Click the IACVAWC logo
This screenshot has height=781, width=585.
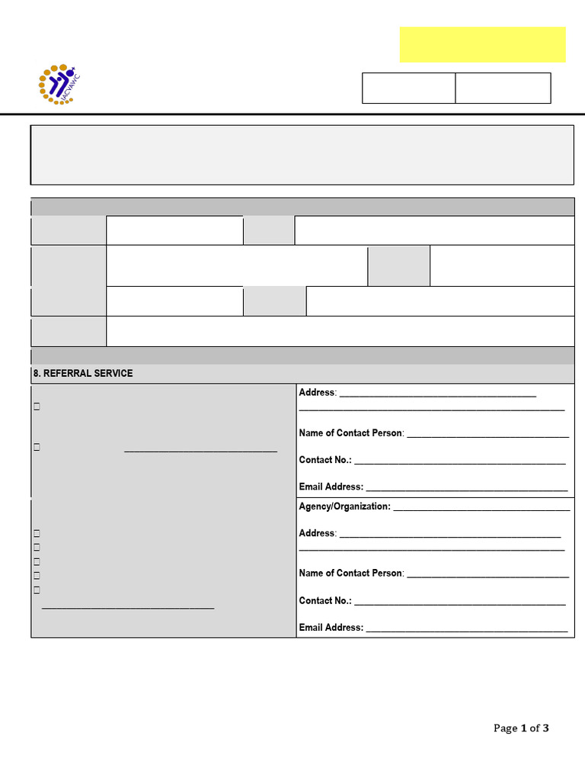pos(59,85)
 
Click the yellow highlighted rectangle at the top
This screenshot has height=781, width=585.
pos(482,44)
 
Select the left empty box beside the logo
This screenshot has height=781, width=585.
pos(408,88)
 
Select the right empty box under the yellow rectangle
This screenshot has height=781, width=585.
pos(503,88)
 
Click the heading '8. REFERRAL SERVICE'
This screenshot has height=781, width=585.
pos(82,373)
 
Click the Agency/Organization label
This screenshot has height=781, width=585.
pos(344,506)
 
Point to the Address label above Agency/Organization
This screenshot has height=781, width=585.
pos(317,393)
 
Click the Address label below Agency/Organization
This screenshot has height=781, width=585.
pos(317,533)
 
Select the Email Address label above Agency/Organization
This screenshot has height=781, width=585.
pos(331,487)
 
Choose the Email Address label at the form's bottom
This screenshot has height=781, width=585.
pos(331,628)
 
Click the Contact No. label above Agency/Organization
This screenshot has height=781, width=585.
pos(325,460)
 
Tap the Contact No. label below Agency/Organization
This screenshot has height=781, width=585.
pos(325,601)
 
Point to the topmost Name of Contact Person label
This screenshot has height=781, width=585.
pos(350,433)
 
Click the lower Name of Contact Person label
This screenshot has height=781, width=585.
pos(350,574)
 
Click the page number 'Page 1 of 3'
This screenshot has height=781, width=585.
pos(521,728)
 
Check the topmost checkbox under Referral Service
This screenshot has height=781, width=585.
pos(37,407)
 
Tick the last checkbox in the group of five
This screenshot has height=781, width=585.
pos(37,590)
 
